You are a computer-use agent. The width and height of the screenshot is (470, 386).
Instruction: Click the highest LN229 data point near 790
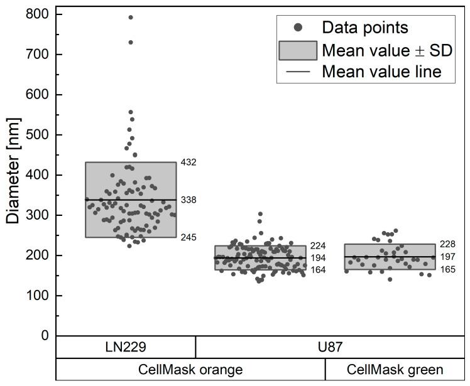pyautogui.click(x=131, y=18)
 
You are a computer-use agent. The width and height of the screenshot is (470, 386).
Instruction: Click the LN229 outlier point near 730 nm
pyautogui.click(x=131, y=42)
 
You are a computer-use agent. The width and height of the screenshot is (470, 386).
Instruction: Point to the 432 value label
pyautogui.click(x=189, y=163)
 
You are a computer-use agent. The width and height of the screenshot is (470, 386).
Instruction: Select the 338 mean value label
pyautogui.click(x=189, y=200)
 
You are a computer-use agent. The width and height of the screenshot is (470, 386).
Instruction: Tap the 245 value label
pyautogui.click(x=189, y=237)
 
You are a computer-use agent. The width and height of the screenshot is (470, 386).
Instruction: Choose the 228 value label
pyautogui.click(x=448, y=244)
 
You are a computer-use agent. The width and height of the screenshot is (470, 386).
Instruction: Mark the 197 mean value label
pyautogui.click(x=448, y=257)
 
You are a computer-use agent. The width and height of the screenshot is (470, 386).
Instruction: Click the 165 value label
pyautogui.click(x=448, y=269)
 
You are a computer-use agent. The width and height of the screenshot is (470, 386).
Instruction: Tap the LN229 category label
pyautogui.click(x=126, y=347)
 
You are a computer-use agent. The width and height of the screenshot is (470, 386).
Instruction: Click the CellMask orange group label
pyautogui.click(x=190, y=370)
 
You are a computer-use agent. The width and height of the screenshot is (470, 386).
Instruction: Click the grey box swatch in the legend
pyautogui.click(x=298, y=50)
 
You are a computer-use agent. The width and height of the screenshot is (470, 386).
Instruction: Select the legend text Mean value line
pyautogui.click(x=380, y=72)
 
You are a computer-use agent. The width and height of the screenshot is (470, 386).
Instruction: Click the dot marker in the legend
pyautogui.click(x=298, y=28)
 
